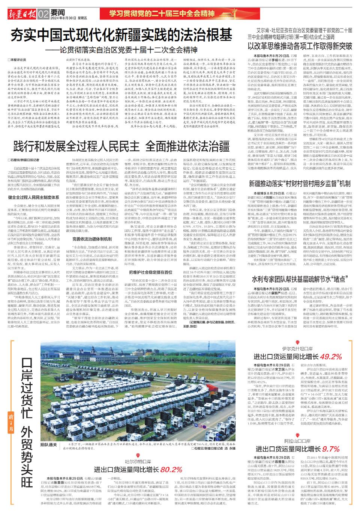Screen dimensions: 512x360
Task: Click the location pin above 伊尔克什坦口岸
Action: [297, 342]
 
